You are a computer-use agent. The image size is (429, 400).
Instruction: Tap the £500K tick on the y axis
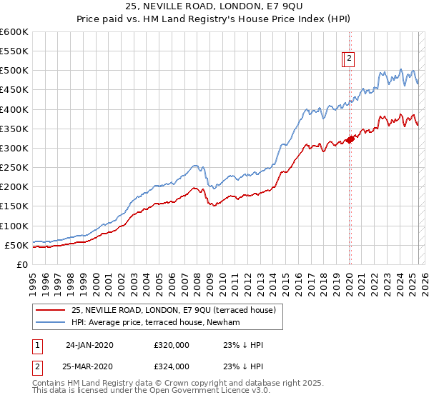14,71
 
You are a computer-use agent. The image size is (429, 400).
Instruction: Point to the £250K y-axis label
14,168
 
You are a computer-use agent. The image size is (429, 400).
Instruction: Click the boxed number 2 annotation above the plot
349,59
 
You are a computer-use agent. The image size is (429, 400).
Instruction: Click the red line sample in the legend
50,310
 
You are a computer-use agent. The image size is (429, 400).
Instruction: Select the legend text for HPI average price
155,322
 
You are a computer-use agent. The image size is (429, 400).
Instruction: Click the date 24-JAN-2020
89,345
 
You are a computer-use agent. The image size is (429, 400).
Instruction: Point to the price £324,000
172,366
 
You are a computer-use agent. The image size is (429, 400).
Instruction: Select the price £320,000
172,345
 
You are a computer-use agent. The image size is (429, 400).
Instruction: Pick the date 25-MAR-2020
89,366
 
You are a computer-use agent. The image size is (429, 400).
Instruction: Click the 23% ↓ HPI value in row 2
243,366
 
